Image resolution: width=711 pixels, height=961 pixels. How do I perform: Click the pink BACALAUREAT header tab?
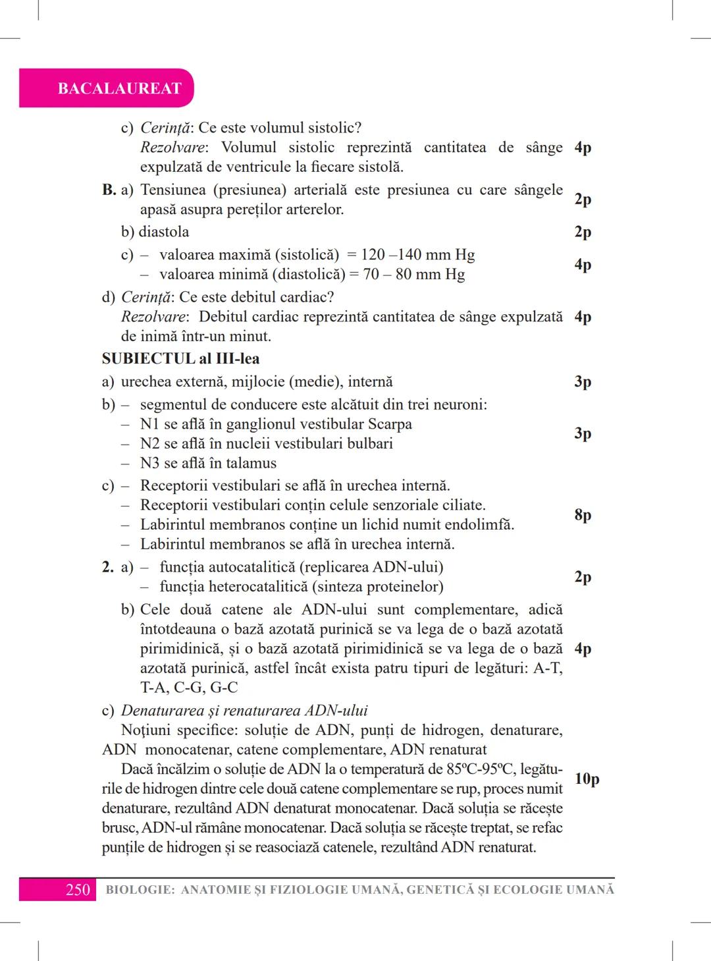tap(119, 88)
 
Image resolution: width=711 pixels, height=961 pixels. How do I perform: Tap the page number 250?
tap(78, 890)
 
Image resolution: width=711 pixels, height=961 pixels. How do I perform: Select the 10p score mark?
tap(587, 779)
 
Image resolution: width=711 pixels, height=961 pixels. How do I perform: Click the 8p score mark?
tap(583, 514)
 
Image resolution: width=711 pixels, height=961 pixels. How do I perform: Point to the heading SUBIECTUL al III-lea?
tap(180, 359)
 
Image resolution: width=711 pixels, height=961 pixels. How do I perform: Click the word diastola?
tap(164, 232)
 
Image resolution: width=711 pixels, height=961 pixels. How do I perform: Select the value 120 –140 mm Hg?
tap(417, 255)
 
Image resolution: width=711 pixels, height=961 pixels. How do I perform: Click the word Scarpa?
tap(390, 424)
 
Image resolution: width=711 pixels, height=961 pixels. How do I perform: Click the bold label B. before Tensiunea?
tap(109, 190)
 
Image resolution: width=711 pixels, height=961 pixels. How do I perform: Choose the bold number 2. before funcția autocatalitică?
tap(108, 567)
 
